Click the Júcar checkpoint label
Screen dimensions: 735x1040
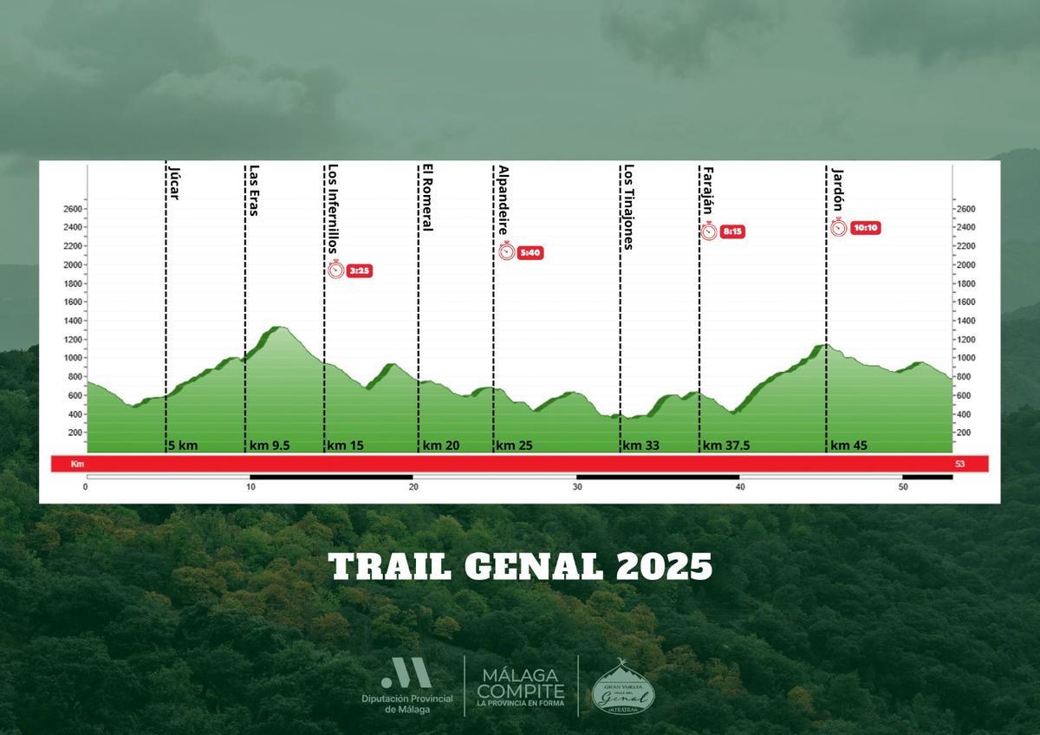pyautogui.click(x=174, y=182)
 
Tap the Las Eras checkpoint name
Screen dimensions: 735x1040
pyautogui.click(x=254, y=191)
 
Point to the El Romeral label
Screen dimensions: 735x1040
pyautogui.click(x=426, y=198)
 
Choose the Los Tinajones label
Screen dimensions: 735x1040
pyautogui.click(x=628, y=206)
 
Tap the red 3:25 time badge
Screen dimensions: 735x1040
pyautogui.click(x=360, y=270)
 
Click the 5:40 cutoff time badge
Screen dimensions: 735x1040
pyautogui.click(x=530, y=253)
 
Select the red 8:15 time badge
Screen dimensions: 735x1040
pyautogui.click(x=732, y=231)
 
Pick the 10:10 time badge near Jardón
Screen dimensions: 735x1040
pyautogui.click(x=865, y=228)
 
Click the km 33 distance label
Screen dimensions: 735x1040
pyautogui.click(x=641, y=446)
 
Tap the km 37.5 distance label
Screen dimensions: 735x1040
pyautogui.click(x=725, y=446)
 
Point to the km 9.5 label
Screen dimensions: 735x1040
pyautogui.click(x=270, y=446)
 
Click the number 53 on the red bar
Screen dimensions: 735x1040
pyautogui.click(x=959, y=465)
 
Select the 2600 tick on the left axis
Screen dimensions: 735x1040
pyautogui.click(x=73, y=209)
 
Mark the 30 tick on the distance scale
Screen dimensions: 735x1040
pyautogui.click(x=577, y=487)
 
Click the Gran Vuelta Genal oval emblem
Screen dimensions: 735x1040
pyautogui.click(x=623, y=689)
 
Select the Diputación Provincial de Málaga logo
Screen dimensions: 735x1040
pyautogui.click(x=406, y=685)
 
